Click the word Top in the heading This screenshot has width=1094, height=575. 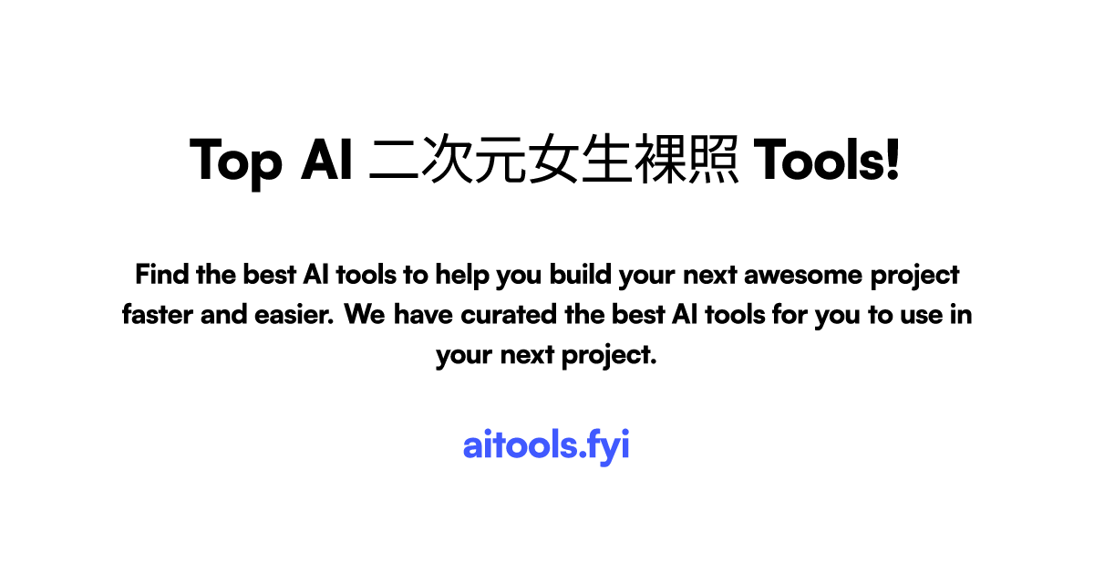236,162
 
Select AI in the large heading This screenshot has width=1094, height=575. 326,160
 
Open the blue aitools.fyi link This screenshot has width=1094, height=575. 546,446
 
